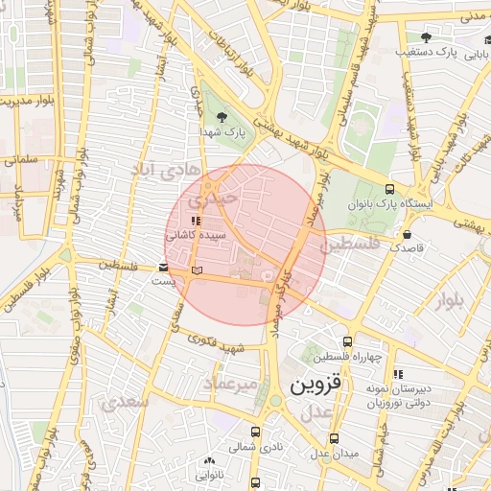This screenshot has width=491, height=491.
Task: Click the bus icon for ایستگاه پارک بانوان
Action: coord(389,189)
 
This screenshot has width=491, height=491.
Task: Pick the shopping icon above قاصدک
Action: coord(409,233)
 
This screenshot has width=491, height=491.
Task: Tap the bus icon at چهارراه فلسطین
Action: coord(346,341)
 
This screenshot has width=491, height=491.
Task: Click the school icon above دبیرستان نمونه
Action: coord(399,374)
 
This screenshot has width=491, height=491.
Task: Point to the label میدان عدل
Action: coord(338,452)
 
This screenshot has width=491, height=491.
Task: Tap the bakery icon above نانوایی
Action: coord(208,459)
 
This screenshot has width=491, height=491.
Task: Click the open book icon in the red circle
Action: coord(198,272)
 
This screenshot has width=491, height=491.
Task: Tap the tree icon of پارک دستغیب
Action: coord(426,38)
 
